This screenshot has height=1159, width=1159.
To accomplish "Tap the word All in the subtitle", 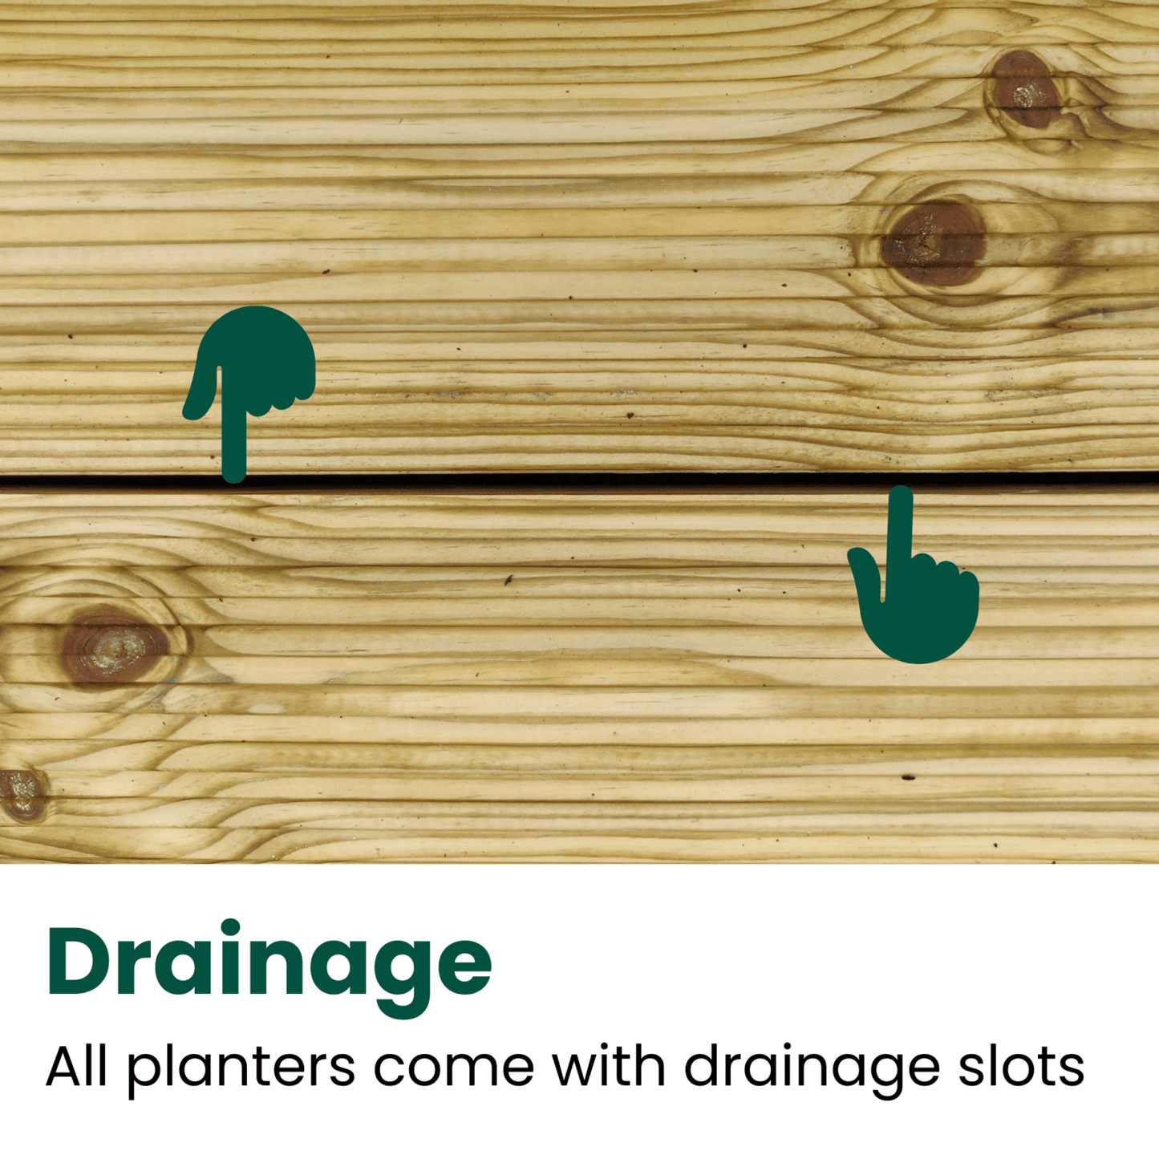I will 76,1066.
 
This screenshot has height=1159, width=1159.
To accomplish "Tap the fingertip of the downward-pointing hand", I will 234,475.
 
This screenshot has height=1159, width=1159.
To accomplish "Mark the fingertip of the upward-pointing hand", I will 901,493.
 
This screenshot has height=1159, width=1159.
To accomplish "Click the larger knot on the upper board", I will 933,243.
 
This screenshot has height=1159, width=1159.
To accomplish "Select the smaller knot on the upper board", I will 1023,91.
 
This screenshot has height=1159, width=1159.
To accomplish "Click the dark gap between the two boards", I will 561,480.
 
